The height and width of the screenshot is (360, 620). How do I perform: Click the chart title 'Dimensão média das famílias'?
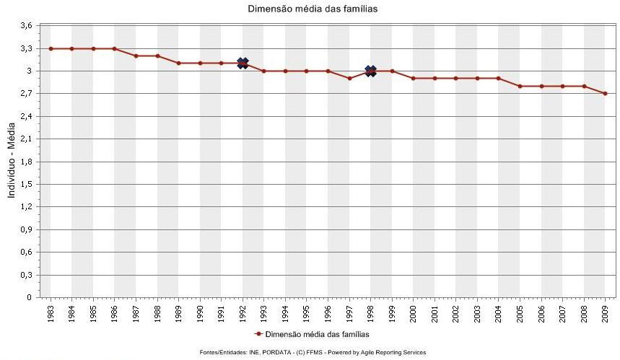pyautogui.click(x=313, y=9)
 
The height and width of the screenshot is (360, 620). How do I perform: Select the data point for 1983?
pyautogui.click(x=51, y=48)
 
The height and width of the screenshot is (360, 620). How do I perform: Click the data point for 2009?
pyautogui.click(x=605, y=94)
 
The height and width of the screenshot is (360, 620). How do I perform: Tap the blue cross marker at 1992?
pyautogui.click(x=243, y=63)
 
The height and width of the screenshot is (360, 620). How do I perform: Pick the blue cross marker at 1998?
pyautogui.click(x=370, y=71)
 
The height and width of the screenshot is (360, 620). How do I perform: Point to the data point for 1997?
pyautogui.click(x=349, y=78)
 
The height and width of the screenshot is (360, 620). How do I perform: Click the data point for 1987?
pyautogui.click(x=136, y=56)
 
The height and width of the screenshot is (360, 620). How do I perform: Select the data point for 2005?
pyautogui.click(x=520, y=86)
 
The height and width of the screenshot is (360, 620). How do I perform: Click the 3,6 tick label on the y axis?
pyautogui.click(x=26, y=26)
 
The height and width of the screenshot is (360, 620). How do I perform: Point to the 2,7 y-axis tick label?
pyautogui.click(x=26, y=94)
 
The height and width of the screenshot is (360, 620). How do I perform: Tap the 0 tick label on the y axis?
pyautogui.click(x=29, y=297)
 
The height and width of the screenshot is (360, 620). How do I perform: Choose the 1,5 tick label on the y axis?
pyautogui.click(x=26, y=184)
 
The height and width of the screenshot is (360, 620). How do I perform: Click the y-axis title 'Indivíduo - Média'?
pyautogui.click(x=11, y=162)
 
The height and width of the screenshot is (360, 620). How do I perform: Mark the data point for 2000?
pyautogui.click(x=413, y=78)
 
